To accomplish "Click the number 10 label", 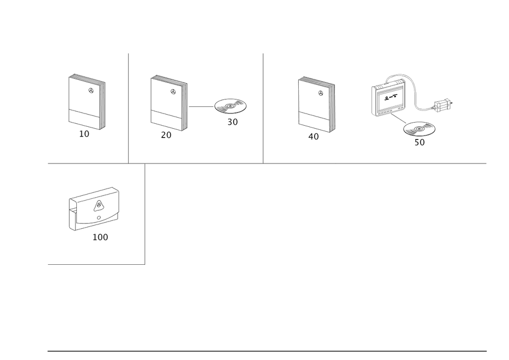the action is (84, 134).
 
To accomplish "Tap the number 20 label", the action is (166, 135).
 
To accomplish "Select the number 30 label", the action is (232, 123).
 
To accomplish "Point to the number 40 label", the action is (314, 136).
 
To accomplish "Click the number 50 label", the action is (419, 143).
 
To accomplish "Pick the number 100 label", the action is (100, 237).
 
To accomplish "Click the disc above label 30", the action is (230, 107).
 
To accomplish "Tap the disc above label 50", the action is (419, 128).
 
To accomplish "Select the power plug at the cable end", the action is (445, 104).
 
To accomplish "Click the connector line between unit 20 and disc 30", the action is (200, 106).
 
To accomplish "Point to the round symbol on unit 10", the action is (91, 91).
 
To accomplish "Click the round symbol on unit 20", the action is (173, 92).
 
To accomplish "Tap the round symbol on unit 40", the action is (320, 93).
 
